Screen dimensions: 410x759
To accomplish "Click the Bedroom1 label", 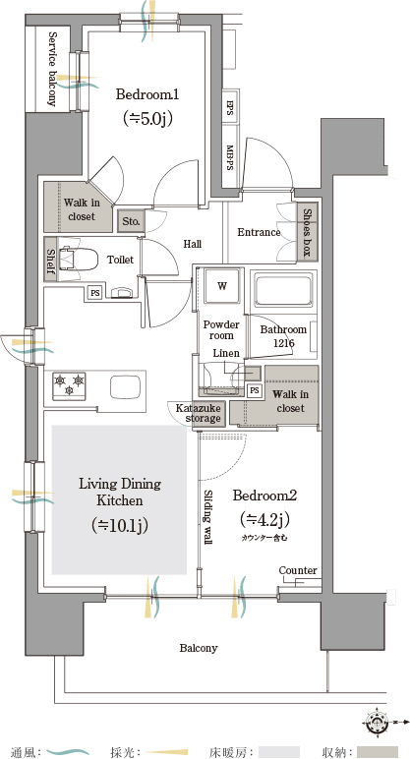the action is point(147,94).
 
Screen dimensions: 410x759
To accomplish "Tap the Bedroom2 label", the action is point(264,496).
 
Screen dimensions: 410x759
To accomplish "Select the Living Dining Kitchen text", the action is point(120,492).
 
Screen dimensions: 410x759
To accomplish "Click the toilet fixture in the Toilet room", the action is point(78,259).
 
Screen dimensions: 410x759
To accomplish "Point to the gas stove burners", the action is point(69,385).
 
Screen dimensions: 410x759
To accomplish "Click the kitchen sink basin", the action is point(126,386).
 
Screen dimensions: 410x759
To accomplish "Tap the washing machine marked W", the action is point(221,285).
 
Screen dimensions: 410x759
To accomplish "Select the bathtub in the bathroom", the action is point(284,289).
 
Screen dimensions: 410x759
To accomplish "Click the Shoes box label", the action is point(308,232).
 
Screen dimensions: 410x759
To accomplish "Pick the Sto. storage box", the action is point(131,221).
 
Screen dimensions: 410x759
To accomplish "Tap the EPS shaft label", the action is point(230,107).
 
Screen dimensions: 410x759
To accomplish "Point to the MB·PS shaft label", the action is point(230,158).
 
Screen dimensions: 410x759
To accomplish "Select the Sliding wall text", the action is point(208,517).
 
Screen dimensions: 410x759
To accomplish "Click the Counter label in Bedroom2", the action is point(298,570).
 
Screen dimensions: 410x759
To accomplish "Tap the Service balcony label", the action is point(52,69).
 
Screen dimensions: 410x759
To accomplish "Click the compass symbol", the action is point(377,723).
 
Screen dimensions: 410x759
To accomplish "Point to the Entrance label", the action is point(259,232).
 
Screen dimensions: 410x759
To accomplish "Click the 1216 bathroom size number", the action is point(284,343).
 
